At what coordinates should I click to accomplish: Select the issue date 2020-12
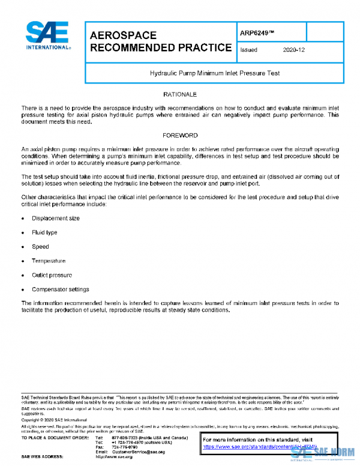293,50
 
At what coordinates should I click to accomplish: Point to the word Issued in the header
248,50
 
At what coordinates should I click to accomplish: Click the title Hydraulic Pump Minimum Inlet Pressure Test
215,73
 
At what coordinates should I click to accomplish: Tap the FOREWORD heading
179,136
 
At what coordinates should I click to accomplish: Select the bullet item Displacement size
55,218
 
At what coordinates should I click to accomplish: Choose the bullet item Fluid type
44,232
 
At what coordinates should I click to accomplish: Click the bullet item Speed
40,247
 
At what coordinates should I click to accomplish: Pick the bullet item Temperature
49,261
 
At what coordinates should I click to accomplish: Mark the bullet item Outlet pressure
52,275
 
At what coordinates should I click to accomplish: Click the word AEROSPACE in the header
122,35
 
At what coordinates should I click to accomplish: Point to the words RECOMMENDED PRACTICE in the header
160,47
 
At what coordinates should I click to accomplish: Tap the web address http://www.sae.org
114,457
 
